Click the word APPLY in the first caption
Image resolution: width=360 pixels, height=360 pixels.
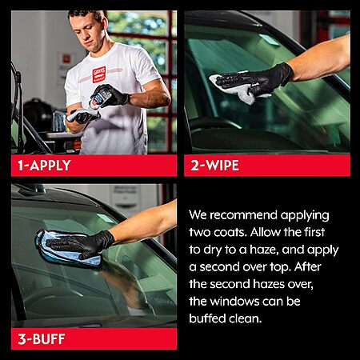(x=50, y=166)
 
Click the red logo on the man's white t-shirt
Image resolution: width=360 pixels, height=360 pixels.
(x=99, y=74)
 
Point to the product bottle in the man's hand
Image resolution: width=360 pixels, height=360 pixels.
(x=99, y=98)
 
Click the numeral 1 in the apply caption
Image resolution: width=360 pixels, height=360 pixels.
(x=21, y=166)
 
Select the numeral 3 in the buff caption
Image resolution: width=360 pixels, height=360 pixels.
(x=22, y=339)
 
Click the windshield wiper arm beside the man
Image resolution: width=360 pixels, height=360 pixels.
(x=17, y=106)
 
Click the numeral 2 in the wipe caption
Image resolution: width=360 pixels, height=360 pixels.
(x=195, y=166)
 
